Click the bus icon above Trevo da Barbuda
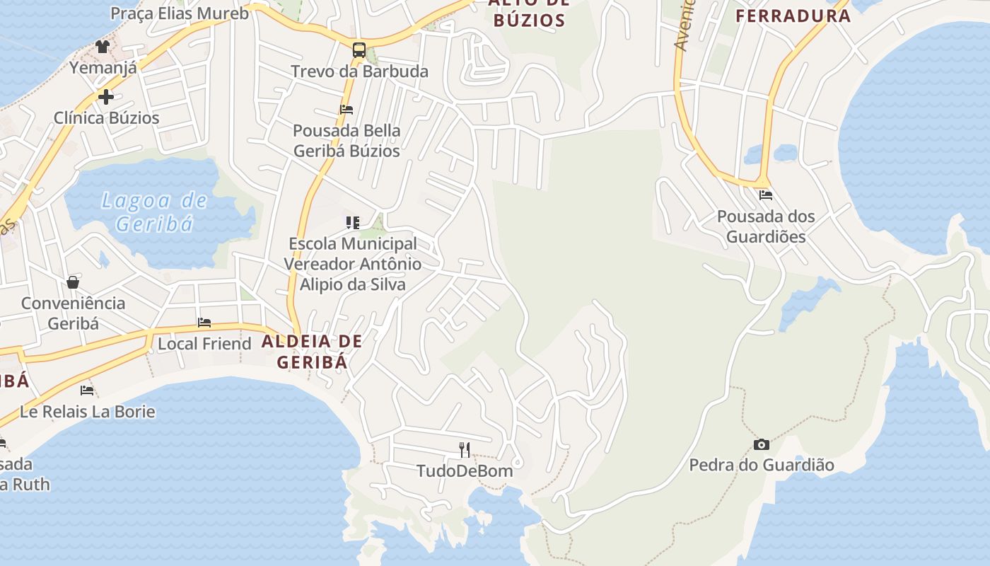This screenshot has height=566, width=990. (359, 50)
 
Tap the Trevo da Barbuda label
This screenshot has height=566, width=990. (360, 71)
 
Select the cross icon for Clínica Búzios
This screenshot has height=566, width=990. (106, 97)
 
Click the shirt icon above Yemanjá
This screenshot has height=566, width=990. (103, 47)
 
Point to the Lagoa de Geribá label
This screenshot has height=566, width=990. (154, 212)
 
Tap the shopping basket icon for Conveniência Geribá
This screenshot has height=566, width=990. (73, 283)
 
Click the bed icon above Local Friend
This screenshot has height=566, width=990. (204, 323)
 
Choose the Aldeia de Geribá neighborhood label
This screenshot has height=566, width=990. (312, 352)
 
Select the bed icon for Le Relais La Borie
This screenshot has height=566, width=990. (87, 390)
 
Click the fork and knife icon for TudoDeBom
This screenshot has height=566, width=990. (465, 449)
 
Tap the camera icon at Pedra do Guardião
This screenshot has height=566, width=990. (762, 444)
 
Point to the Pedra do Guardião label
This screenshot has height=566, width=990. (762, 465)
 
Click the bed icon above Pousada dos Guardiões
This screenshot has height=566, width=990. (765, 195)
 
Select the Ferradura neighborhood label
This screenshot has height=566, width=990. (793, 16)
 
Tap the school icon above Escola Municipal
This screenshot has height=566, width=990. (353, 223)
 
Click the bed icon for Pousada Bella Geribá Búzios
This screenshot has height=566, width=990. (346, 110)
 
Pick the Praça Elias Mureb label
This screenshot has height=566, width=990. (180, 13)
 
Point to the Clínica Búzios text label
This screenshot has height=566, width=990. (107, 117)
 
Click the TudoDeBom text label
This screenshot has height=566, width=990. (465, 470)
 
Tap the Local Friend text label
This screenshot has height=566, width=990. (204, 344)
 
